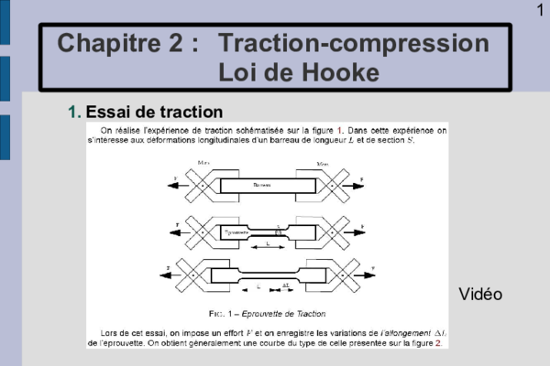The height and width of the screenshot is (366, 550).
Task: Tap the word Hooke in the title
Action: pyautogui.click(x=338, y=72)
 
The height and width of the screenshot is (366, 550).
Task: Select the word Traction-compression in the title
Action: pyautogui.click(x=355, y=43)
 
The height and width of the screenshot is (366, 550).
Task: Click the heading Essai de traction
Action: pyautogui.click(x=154, y=113)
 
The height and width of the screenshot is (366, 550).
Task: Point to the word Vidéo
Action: pyautogui.click(x=480, y=294)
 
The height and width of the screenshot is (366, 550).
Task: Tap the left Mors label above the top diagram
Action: pyautogui.click(x=204, y=163)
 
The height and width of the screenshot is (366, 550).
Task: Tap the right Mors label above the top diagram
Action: pyautogui.click(x=323, y=163)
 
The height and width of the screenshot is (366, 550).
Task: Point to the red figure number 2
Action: pyautogui.click(x=438, y=343)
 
